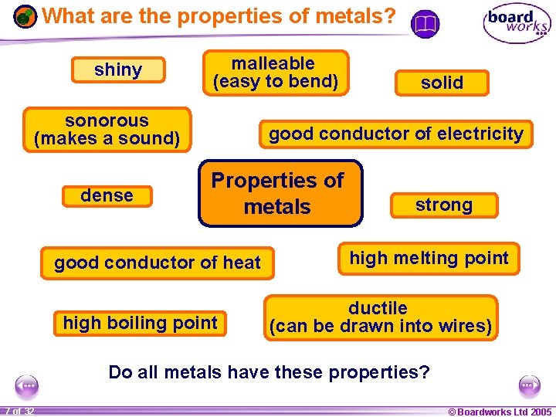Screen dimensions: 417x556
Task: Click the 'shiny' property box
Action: (x=118, y=70)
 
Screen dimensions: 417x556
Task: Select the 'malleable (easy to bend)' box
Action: (x=276, y=73)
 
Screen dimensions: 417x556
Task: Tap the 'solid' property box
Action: (x=442, y=83)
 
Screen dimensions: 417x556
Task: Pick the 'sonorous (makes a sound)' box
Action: (x=107, y=130)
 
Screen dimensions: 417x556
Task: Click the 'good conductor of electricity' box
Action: (x=396, y=134)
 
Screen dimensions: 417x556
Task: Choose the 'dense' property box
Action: (x=107, y=196)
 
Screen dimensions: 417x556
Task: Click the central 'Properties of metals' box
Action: (x=280, y=194)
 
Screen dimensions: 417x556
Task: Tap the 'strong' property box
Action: (x=443, y=205)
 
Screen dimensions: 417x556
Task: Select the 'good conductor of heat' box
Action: (x=158, y=263)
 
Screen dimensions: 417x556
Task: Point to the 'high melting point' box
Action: (x=429, y=258)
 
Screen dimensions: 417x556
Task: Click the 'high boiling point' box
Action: (x=141, y=323)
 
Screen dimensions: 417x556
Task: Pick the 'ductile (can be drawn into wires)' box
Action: (x=381, y=317)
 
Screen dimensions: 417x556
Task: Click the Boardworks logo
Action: (x=517, y=23)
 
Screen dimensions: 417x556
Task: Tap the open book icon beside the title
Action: (x=424, y=25)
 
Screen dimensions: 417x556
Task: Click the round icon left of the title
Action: (x=25, y=16)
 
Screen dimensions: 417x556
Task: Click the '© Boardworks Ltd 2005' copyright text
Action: (x=500, y=411)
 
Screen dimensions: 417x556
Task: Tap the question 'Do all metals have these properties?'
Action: (x=269, y=372)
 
